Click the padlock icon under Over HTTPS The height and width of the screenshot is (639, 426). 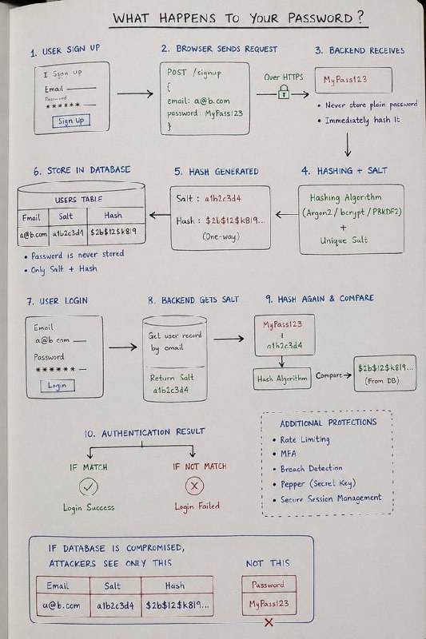pyautogui.click(x=284, y=92)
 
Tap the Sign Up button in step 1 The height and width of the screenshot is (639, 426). pyautogui.click(x=71, y=121)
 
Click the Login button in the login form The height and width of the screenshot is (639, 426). pyautogui.click(x=58, y=386)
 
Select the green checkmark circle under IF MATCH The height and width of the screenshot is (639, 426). pyautogui.click(x=89, y=486)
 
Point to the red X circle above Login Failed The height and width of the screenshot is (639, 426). pyautogui.click(x=194, y=486)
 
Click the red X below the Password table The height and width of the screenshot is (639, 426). pyautogui.click(x=269, y=622)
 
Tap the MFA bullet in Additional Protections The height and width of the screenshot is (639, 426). pyautogui.click(x=285, y=454)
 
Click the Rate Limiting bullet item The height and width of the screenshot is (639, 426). pyautogui.click(x=301, y=440)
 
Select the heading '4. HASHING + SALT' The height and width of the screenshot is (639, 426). pyautogui.click(x=344, y=171)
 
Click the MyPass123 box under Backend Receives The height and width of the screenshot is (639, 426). pyautogui.click(x=353, y=81)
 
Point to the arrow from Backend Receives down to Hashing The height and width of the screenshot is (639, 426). pyautogui.click(x=348, y=145)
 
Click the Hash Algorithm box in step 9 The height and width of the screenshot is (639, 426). pyautogui.click(x=282, y=379)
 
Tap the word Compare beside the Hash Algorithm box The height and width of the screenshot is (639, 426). pyautogui.click(x=328, y=375)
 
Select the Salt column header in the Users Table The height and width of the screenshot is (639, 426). pyautogui.click(x=66, y=216)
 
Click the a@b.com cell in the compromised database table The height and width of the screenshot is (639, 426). pyautogui.click(x=62, y=605)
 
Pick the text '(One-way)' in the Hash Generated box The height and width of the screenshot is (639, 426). pyautogui.click(x=221, y=236)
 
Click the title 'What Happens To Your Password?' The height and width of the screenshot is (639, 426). pyautogui.click(x=238, y=18)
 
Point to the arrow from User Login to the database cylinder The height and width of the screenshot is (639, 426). pyautogui.click(x=123, y=347)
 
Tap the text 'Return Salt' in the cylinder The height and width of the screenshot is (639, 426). pyautogui.click(x=172, y=378)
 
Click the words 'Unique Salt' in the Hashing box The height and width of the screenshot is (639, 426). pyautogui.click(x=344, y=240)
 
